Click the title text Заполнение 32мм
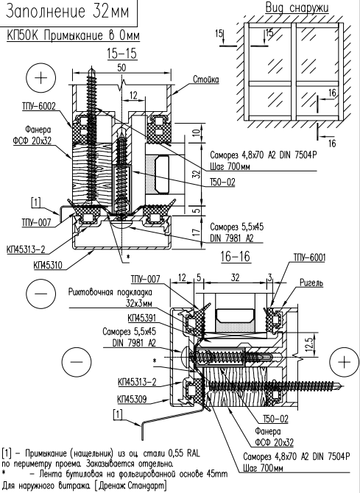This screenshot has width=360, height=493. [x=68, y=11]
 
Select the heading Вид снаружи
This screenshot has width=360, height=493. [x=297, y=7]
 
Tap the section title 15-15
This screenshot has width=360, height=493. [x=121, y=54]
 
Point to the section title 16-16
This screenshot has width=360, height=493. [x=235, y=257]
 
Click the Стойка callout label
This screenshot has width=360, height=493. [x=205, y=79]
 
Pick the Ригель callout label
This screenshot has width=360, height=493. [x=311, y=283]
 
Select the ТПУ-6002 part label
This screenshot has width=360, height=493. [x=38, y=106]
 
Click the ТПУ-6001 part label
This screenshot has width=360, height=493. [x=309, y=258]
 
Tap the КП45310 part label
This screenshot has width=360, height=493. [x=48, y=266]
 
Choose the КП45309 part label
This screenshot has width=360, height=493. [x=132, y=400]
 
